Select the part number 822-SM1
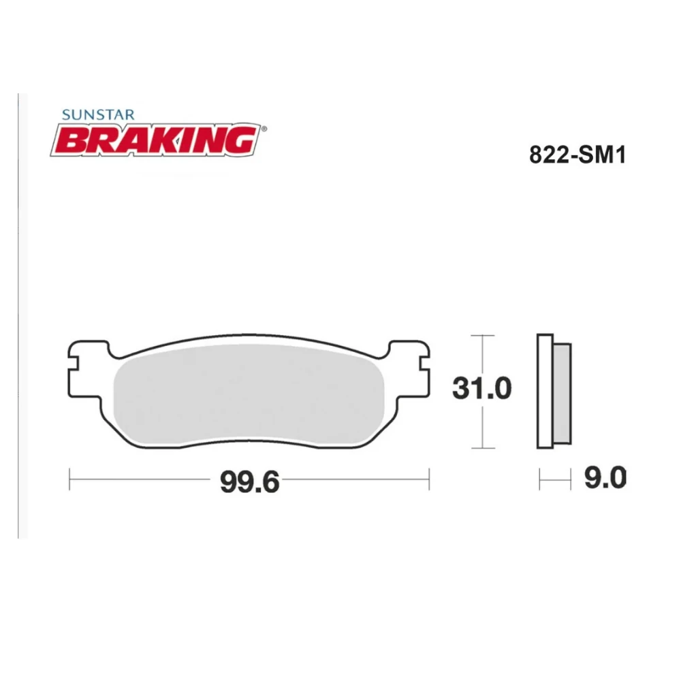577,156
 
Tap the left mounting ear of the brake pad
85,368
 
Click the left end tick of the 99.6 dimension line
70,479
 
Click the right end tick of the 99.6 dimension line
429,479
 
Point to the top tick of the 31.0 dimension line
482,336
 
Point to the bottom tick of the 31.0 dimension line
482,448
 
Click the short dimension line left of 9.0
554,479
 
